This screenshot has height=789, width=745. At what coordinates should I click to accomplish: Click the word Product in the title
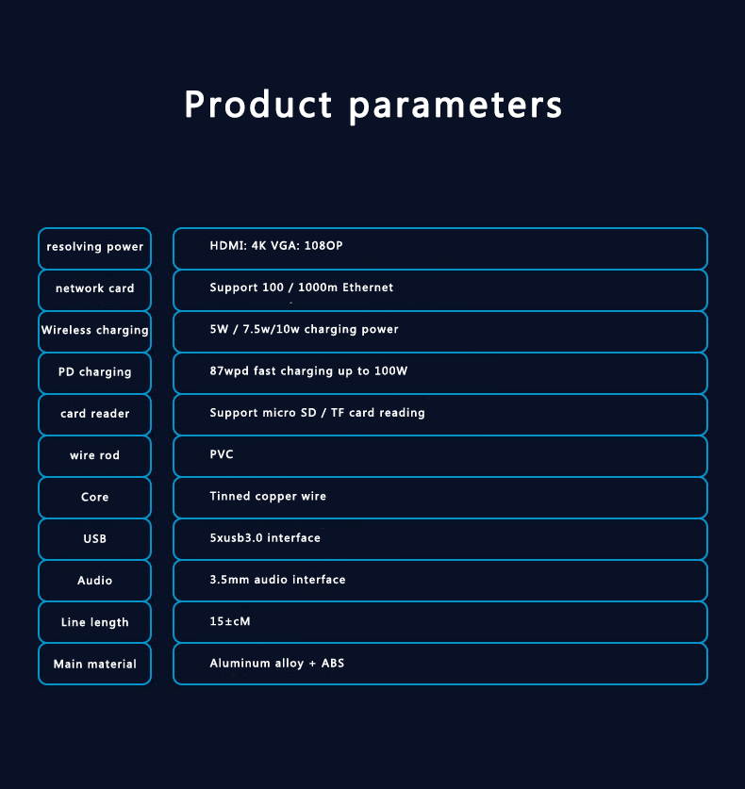click(x=257, y=104)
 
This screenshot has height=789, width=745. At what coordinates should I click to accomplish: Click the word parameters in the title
click(x=455, y=107)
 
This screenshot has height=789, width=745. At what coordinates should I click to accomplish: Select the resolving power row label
click(x=94, y=247)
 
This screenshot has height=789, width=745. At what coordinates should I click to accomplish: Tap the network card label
click(x=94, y=288)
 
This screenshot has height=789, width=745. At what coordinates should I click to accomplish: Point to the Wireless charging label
click(x=94, y=330)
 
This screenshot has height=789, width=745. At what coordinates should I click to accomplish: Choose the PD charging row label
click(x=94, y=371)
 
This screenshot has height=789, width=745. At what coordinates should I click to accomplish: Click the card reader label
click(x=94, y=414)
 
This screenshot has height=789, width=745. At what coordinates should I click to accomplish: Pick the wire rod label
click(x=94, y=455)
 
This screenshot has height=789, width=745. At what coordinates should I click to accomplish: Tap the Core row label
click(x=94, y=497)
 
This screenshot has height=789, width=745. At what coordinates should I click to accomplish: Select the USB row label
click(x=94, y=538)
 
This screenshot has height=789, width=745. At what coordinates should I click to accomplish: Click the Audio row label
click(x=94, y=580)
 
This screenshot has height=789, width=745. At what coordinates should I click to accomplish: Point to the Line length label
click(x=94, y=622)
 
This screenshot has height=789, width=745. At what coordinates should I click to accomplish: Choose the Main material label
click(x=94, y=664)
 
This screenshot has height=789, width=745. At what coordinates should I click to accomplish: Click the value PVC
click(x=222, y=454)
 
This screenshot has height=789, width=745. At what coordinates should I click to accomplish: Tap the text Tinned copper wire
click(x=268, y=497)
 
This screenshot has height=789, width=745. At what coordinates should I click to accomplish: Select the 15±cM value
click(x=230, y=621)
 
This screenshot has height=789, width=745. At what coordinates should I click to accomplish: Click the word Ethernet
click(x=368, y=288)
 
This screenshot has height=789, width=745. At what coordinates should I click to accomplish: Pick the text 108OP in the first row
click(x=323, y=245)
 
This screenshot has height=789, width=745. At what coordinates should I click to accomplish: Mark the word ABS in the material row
click(x=333, y=664)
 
